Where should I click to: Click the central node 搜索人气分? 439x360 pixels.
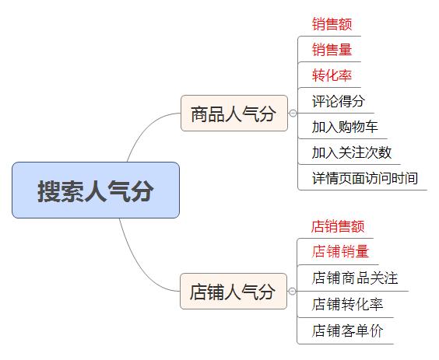(x=96, y=190)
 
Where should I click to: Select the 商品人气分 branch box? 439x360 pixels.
(x=234, y=114)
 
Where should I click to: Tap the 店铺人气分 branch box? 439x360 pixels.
(x=233, y=292)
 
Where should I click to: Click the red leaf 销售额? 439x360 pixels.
(x=332, y=25)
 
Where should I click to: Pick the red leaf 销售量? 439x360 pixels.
(x=332, y=51)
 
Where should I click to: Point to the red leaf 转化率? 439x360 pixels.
(x=332, y=75)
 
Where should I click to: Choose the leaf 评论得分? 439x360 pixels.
(x=338, y=101)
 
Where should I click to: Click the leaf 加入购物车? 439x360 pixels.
(x=344, y=127)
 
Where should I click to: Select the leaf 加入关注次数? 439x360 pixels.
(x=351, y=152)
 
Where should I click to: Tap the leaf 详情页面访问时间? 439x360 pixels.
(x=364, y=177)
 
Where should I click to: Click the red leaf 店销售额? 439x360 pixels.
(x=338, y=227)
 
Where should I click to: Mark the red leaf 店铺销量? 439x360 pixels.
(x=340, y=252)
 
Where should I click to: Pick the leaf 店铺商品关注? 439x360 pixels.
(x=355, y=278)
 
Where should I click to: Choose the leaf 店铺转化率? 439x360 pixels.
(x=347, y=304)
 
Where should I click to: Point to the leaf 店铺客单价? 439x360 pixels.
(x=347, y=330)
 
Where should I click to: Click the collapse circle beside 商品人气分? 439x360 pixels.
(x=293, y=114)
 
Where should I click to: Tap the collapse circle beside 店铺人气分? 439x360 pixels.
(x=293, y=292)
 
